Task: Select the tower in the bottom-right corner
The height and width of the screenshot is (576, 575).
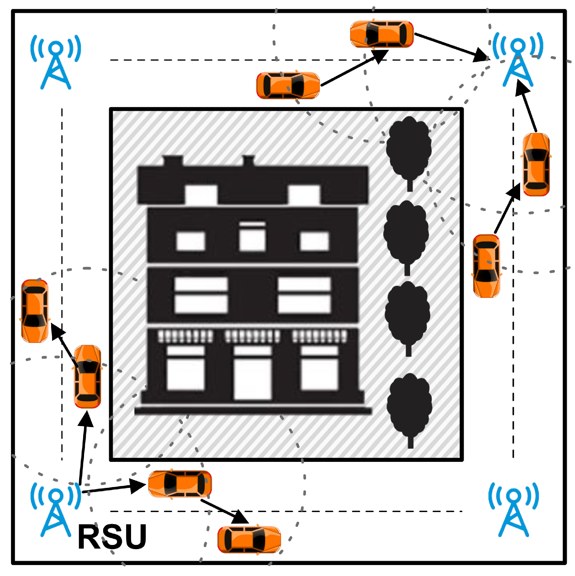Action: (x=513, y=510)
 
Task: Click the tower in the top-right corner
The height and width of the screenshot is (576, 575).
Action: (x=518, y=60)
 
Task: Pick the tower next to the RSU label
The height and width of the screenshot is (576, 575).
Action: (x=56, y=510)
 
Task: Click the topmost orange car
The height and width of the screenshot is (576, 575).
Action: (x=382, y=34)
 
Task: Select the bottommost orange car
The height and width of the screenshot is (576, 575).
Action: (x=249, y=540)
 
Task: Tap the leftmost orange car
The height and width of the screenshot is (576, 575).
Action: (x=35, y=311)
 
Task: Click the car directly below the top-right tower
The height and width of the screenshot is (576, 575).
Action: (x=536, y=165)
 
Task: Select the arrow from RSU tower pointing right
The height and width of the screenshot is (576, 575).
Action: (x=113, y=488)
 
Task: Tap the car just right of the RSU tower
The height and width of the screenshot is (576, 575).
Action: (x=180, y=484)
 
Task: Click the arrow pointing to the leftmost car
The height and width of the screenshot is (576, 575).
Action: (x=64, y=345)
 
